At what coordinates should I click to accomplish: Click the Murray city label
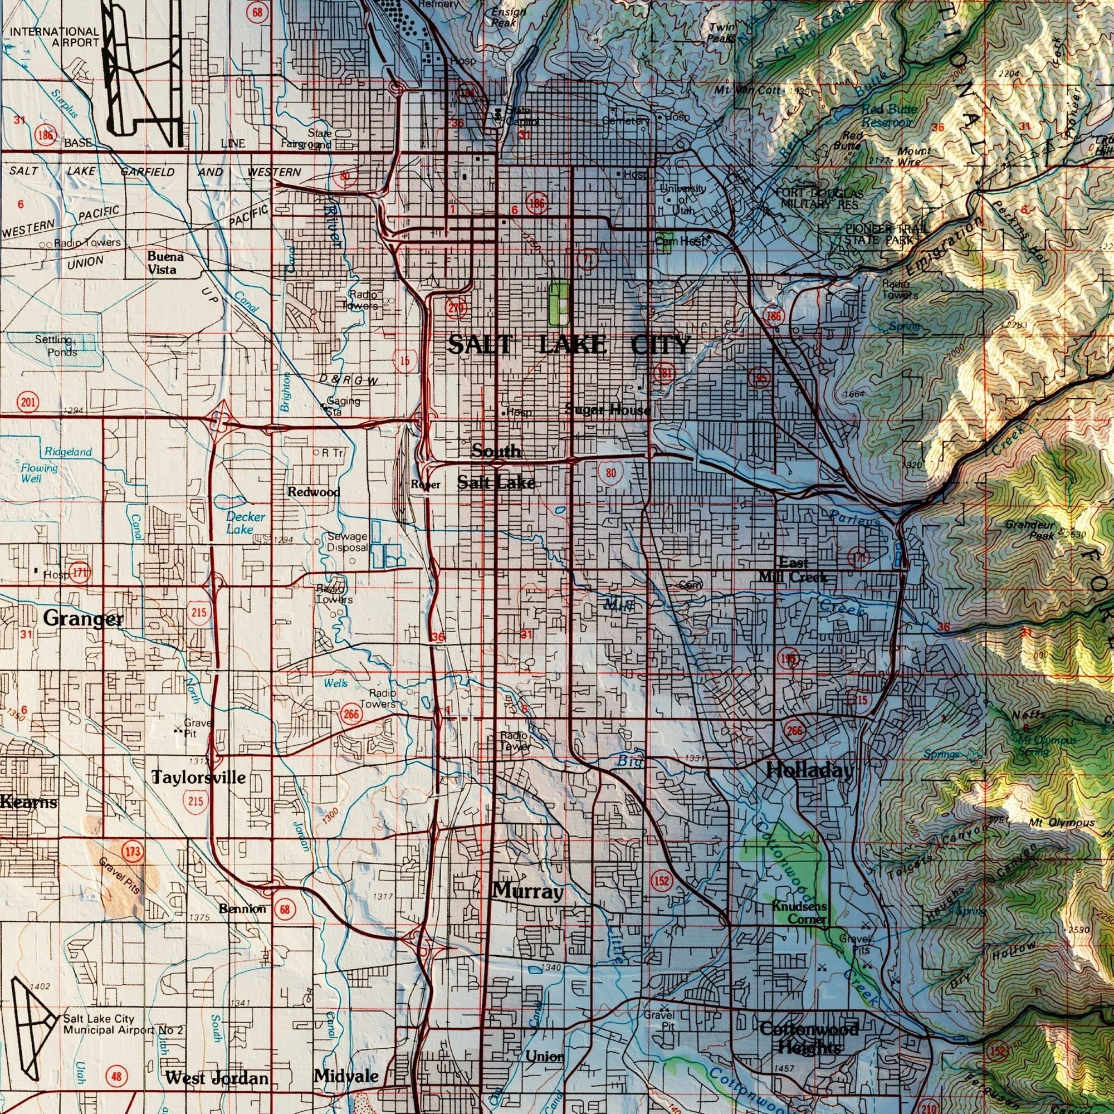click(x=527, y=892)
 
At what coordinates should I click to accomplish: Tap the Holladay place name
click(x=809, y=771)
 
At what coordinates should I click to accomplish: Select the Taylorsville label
click(x=198, y=777)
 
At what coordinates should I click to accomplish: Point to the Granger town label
click(x=83, y=619)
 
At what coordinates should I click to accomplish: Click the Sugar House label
click(x=607, y=410)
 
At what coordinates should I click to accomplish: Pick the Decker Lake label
click(x=245, y=522)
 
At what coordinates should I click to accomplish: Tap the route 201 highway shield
click(x=28, y=402)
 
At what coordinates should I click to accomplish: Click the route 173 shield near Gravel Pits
click(x=132, y=851)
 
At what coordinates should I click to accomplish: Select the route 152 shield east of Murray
click(x=662, y=881)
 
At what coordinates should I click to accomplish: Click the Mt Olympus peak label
click(x=1061, y=822)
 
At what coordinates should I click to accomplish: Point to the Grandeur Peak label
click(x=1029, y=529)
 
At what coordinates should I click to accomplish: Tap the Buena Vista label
click(x=165, y=263)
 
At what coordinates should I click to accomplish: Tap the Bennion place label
click(x=242, y=908)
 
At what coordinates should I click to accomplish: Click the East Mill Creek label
click(x=793, y=570)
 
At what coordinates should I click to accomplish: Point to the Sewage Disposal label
click(x=346, y=541)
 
